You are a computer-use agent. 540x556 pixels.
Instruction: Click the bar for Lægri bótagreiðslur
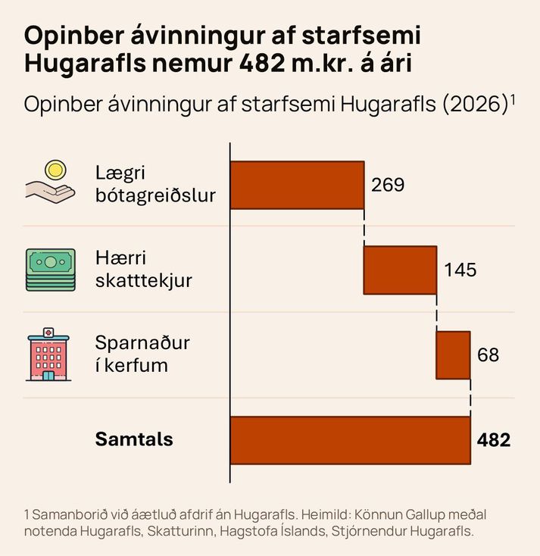point(298,185)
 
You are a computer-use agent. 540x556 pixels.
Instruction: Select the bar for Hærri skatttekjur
point(401,270)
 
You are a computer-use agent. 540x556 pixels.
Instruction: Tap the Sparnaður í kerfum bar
point(454,355)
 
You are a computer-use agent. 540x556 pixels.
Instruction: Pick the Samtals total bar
point(351,440)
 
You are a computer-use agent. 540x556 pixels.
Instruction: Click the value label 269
point(388,185)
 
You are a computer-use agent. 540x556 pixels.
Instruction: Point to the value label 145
point(460,270)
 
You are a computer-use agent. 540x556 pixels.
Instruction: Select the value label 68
point(488,355)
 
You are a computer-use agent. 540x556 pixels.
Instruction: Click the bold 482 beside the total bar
point(494,440)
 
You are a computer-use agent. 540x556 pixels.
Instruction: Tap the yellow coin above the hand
point(55,170)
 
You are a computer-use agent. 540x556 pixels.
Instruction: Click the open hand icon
point(50,192)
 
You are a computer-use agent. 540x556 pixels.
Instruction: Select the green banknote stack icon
point(51,270)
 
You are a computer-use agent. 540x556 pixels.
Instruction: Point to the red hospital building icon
point(48,355)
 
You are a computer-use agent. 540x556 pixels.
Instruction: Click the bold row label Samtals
point(134,439)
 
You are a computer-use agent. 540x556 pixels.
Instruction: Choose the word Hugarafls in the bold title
point(85,64)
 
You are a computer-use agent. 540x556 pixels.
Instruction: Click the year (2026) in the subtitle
point(475,105)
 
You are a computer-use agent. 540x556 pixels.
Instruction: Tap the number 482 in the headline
point(261,64)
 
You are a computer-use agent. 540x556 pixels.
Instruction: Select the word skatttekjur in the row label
point(144,281)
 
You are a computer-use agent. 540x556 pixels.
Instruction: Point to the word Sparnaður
point(142,343)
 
